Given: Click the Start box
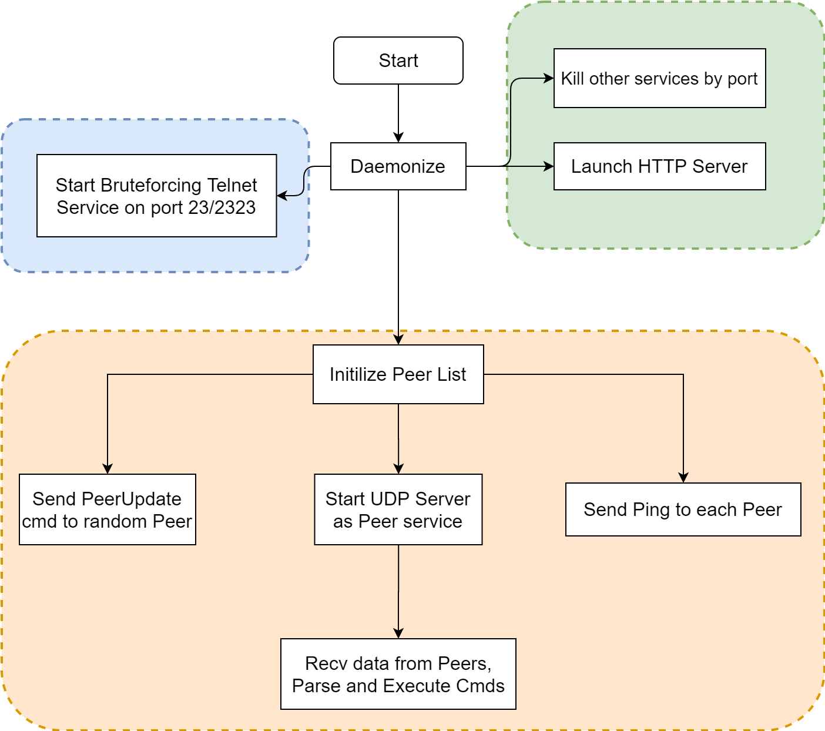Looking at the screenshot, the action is (398, 61).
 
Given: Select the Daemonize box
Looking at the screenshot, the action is (398, 166).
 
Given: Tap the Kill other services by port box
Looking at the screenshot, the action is (659, 78).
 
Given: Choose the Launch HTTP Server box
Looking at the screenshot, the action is (659, 166).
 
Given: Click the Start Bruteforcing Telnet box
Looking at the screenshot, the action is (156, 196).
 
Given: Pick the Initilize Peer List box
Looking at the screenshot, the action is (398, 374).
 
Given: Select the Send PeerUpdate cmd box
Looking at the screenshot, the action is (108, 509).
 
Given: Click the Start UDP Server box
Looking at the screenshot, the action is (398, 509).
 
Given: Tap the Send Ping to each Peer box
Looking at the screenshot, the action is (683, 509).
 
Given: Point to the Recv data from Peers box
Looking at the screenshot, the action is (398, 673).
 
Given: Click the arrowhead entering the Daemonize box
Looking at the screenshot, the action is (398, 138).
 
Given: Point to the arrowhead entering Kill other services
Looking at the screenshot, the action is (548, 78).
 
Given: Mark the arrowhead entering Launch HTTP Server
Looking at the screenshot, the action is (548, 166).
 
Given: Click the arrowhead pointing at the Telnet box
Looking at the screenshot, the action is (282, 196).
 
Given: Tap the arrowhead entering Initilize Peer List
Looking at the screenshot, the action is (398, 340).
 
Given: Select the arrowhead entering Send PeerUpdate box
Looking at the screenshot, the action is (108, 469).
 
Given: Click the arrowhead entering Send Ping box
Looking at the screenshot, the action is (683, 478).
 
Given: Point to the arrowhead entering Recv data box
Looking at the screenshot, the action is (398, 633).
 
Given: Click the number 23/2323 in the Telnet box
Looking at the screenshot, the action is (222, 207).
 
